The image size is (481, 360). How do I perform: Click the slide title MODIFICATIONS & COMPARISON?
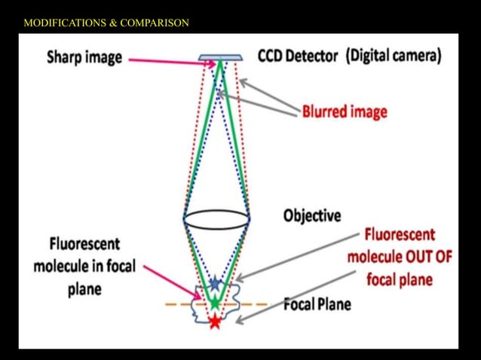click(106, 23)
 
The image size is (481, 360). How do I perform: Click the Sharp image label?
click(84, 58)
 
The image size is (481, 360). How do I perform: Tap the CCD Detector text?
click(297, 56)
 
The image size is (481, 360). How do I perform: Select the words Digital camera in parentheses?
click(394, 56)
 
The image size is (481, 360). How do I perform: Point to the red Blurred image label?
click(345, 112)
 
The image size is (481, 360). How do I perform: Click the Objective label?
click(312, 216)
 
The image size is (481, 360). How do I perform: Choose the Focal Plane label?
click(317, 305)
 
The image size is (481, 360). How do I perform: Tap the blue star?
click(216, 283)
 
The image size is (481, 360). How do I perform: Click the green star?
click(216, 303)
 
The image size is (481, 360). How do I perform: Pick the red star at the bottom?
click(216, 322)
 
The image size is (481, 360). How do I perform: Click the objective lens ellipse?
click(216, 218)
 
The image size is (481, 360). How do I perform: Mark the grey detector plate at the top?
click(220, 57)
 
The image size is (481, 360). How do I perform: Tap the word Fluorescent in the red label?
click(400, 234)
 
